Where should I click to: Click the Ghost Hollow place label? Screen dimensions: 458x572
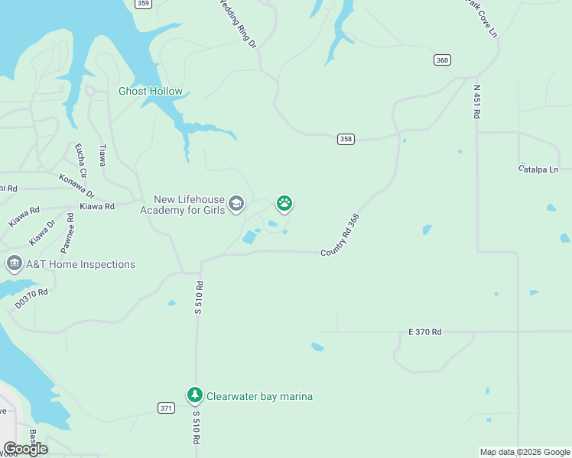point(151,92)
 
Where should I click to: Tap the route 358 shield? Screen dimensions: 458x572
point(346,138)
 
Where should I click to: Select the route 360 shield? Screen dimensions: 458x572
point(441,60)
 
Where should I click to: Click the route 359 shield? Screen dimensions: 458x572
point(142,4)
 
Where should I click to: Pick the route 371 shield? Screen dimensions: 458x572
point(166,408)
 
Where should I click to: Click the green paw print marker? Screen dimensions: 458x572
point(284,203)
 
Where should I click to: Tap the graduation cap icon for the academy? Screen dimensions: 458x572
point(236,203)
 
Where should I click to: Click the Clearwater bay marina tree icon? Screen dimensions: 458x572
point(194,395)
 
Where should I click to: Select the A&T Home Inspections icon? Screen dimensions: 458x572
point(14,264)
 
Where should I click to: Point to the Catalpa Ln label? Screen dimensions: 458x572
point(538,169)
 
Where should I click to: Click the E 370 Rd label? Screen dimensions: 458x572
point(425,332)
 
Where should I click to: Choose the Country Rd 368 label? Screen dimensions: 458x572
point(340,235)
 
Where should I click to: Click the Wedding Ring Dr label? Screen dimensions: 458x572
point(238,24)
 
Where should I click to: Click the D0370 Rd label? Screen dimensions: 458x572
point(31,298)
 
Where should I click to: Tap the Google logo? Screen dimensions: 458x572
point(25,448)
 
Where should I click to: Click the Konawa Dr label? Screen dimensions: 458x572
point(76,185)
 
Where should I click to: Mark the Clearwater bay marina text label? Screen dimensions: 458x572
point(260,396)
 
